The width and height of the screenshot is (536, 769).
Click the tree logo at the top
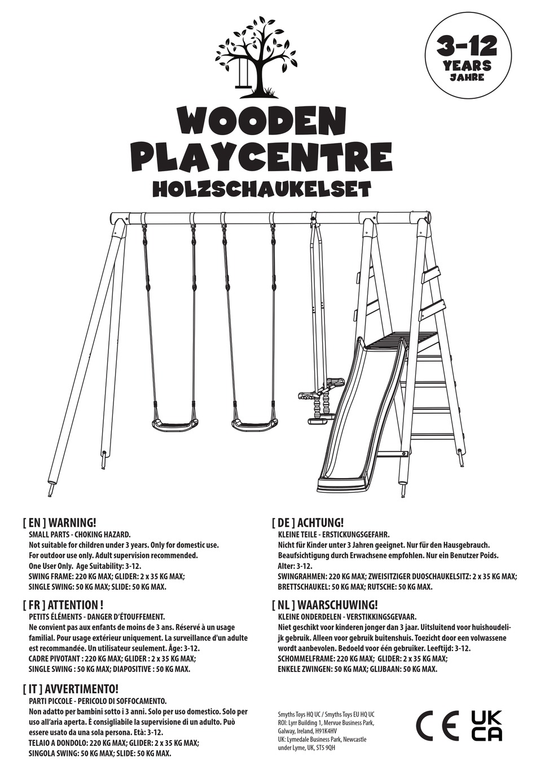tap(257, 58)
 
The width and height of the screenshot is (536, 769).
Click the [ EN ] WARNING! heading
tap(60, 523)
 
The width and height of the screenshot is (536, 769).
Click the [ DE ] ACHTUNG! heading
tap(307, 523)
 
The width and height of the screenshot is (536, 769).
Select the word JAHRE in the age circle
tap(467, 77)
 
